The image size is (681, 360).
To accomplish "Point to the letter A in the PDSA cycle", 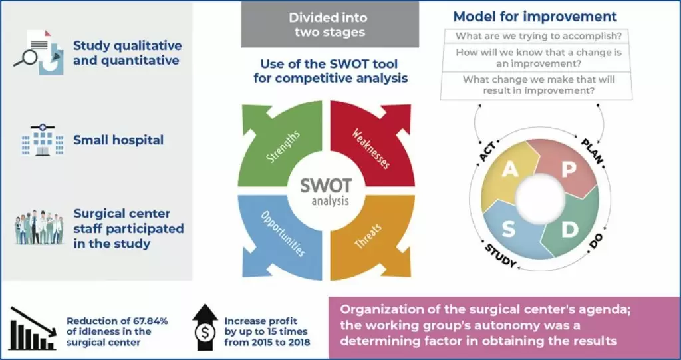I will tap(510, 170).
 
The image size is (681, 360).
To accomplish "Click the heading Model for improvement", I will tap(535, 17).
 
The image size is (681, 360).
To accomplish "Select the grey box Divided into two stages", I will tap(330, 25).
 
